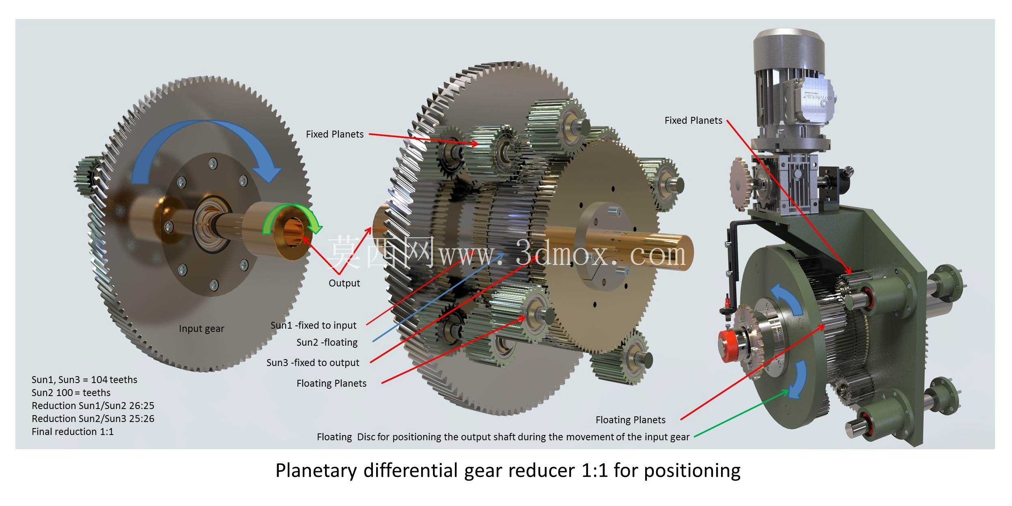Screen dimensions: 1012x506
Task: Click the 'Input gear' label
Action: click(201, 329)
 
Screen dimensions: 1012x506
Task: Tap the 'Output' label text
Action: click(344, 283)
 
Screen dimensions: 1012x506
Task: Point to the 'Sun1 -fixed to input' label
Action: click(313, 325)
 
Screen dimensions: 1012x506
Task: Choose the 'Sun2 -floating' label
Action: click(327, 342)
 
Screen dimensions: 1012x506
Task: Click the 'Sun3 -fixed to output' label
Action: click(312, 362)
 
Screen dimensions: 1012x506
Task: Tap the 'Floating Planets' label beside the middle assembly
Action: click(331, 383)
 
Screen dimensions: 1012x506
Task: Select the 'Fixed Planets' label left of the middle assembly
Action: click(334, 134)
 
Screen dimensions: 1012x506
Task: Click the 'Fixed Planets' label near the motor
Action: click(693, 121)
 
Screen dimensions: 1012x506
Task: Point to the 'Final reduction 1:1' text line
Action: click(73, 432)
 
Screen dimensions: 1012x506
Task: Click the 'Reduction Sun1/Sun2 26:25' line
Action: click(93, 406)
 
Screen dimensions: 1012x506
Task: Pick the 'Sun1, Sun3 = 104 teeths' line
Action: click(84, 380)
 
